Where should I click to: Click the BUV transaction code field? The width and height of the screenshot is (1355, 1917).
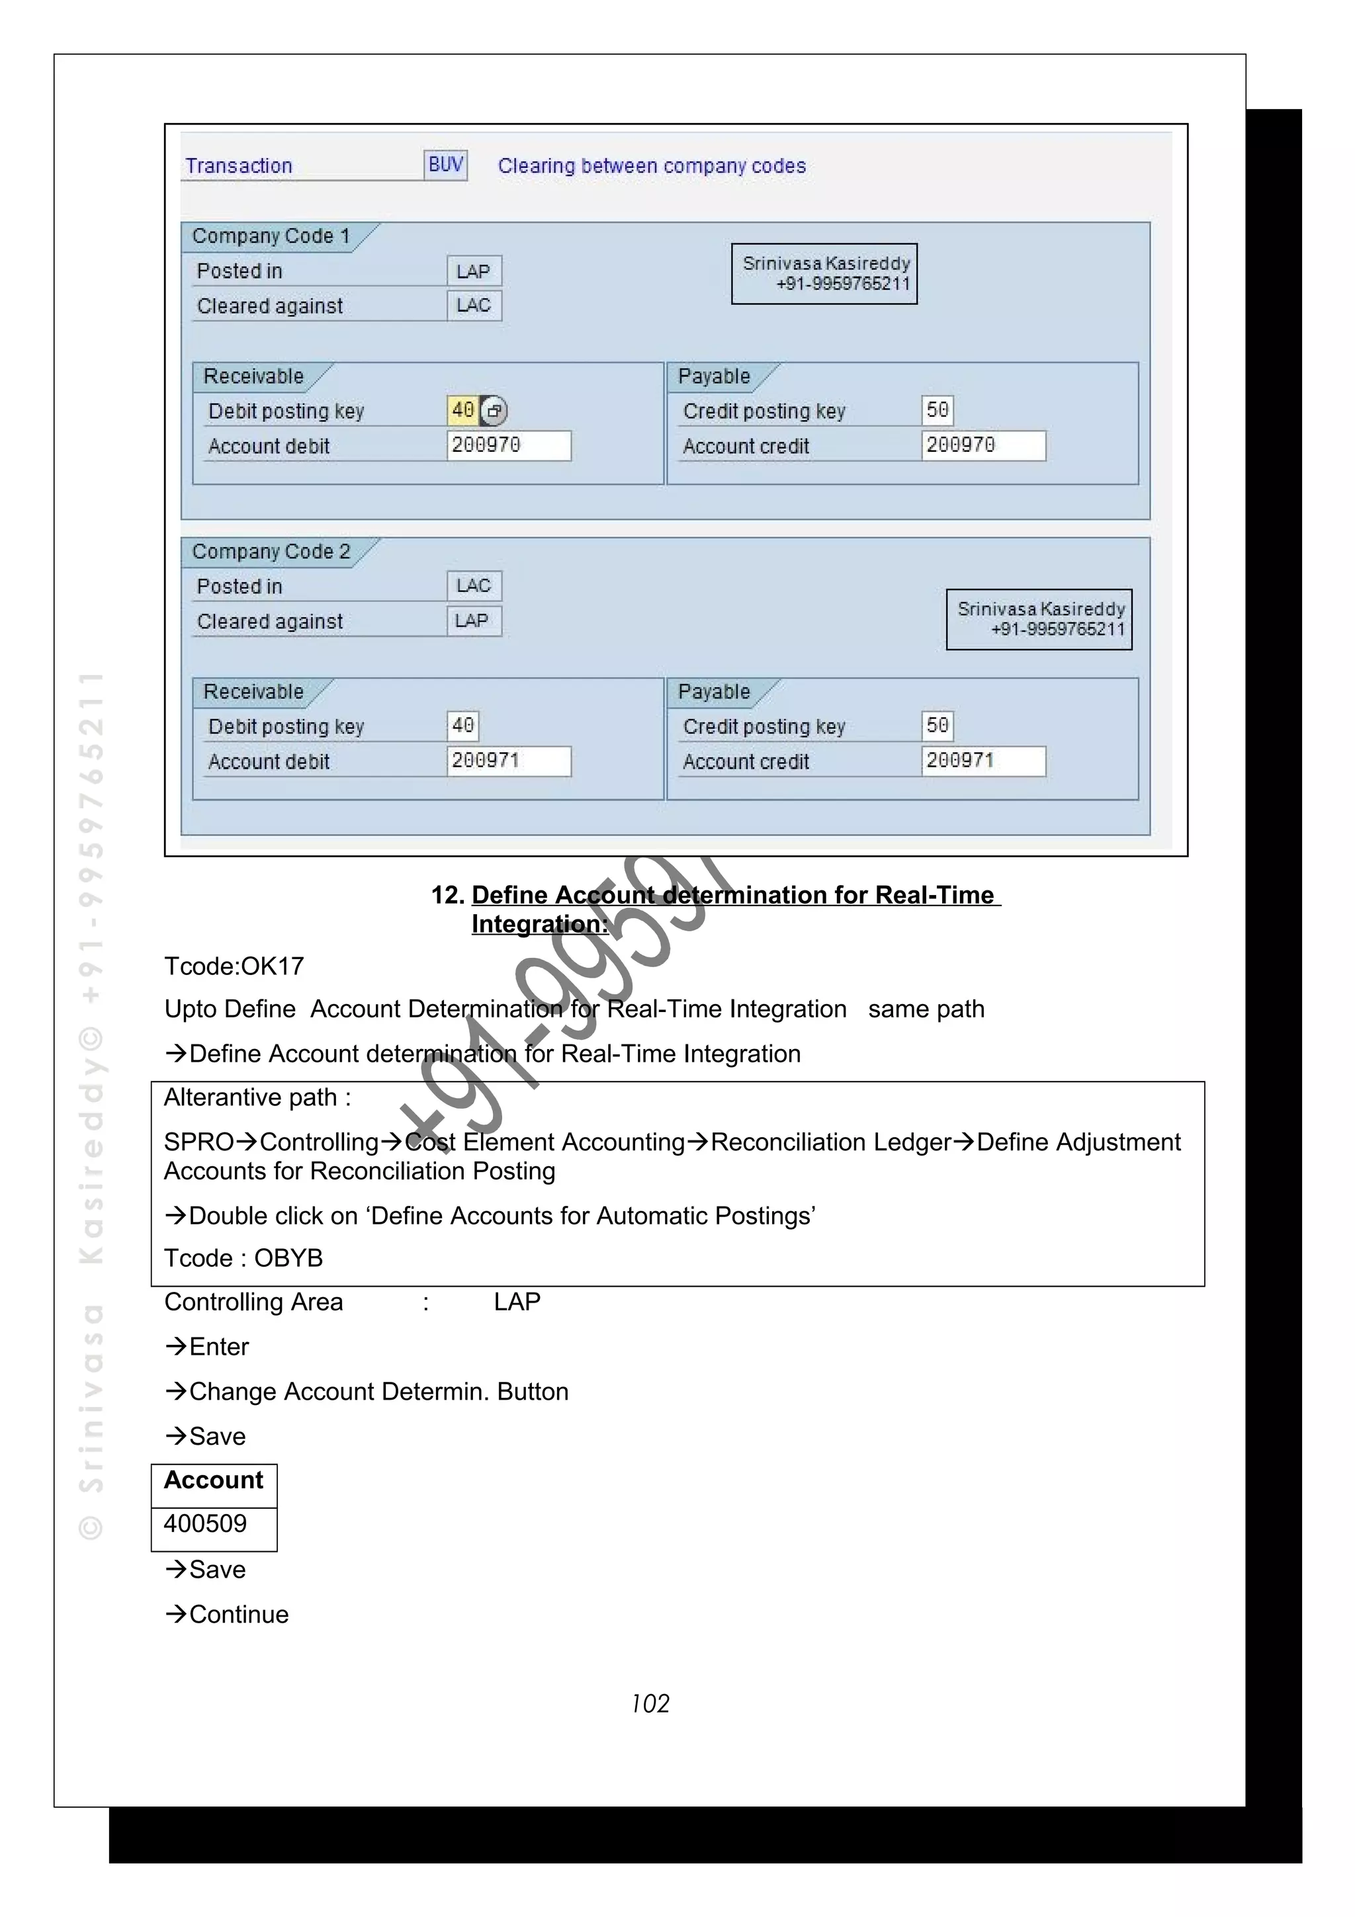coord(446,165)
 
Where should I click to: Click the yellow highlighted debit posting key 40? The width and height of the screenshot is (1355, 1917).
coord(462,410)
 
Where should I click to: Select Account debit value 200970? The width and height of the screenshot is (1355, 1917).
coord(508,445)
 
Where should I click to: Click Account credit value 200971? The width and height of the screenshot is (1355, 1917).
coord(983,761)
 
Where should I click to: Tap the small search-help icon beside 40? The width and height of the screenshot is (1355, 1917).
coord(494,411)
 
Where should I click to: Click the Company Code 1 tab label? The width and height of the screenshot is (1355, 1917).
coord(271,236)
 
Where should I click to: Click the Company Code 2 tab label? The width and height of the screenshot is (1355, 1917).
coord(271,552)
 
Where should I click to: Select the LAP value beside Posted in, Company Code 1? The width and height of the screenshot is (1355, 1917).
coord(473,271)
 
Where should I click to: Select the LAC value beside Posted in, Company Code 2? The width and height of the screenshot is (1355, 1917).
coord(473,586)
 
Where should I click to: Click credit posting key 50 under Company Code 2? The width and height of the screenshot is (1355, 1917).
coord(937,726)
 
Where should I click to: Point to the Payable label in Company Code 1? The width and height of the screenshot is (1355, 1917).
coord(714,376)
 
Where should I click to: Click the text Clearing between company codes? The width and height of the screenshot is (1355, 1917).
coord(651,166)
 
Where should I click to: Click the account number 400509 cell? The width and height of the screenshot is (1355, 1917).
coord(205,1524)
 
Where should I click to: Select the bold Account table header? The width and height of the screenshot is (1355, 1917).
coord(214,1480)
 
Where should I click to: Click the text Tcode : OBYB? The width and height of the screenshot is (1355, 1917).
coord(243,1257)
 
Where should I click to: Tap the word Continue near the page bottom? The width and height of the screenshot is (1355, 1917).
coord(239,1614)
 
